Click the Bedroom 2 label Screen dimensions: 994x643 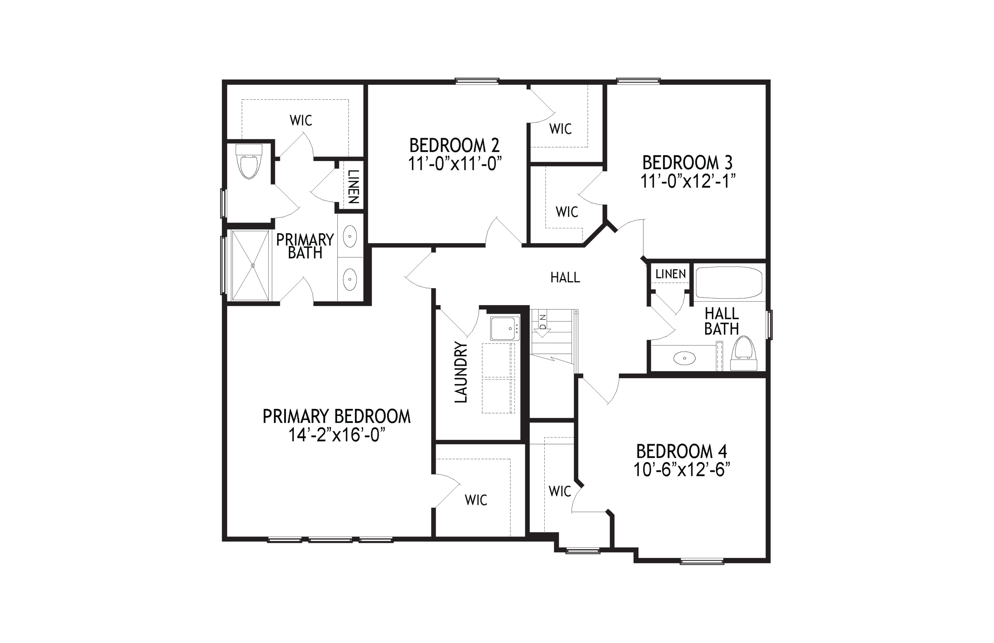454,145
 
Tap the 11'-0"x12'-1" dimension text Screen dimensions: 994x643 688,181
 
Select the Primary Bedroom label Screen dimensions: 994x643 337,416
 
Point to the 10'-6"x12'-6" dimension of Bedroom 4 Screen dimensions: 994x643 681,470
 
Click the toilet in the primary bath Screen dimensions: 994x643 249,161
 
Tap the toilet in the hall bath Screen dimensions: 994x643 744,353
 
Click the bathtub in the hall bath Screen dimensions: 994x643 729,283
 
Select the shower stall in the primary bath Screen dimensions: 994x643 250,265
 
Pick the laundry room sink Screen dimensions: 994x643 504,328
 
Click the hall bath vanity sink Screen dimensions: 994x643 685,358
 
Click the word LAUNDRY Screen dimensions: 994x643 461,372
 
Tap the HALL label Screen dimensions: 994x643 565,278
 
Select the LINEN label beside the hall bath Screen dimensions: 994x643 671,274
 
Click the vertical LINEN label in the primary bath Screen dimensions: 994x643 353,187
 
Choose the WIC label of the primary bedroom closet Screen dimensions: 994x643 476,500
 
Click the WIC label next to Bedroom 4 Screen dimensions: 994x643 560,491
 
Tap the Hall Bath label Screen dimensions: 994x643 721,321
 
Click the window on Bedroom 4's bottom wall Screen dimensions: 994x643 702,562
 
